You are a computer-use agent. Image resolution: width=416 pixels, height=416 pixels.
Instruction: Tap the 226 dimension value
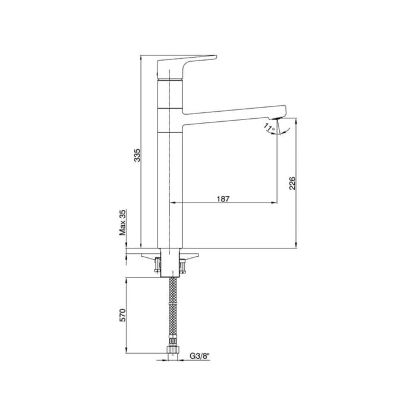point(292,183)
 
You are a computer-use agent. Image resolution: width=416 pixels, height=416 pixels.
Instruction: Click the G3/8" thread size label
point(201,357)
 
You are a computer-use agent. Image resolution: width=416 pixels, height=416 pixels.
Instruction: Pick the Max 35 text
point(123,223)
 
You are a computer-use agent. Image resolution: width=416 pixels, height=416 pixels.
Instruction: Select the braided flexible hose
point(172,309)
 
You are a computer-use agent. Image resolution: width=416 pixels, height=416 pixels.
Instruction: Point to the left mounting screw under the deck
point(158,263)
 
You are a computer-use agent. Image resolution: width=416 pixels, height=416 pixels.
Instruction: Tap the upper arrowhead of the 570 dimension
point(127,280)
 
